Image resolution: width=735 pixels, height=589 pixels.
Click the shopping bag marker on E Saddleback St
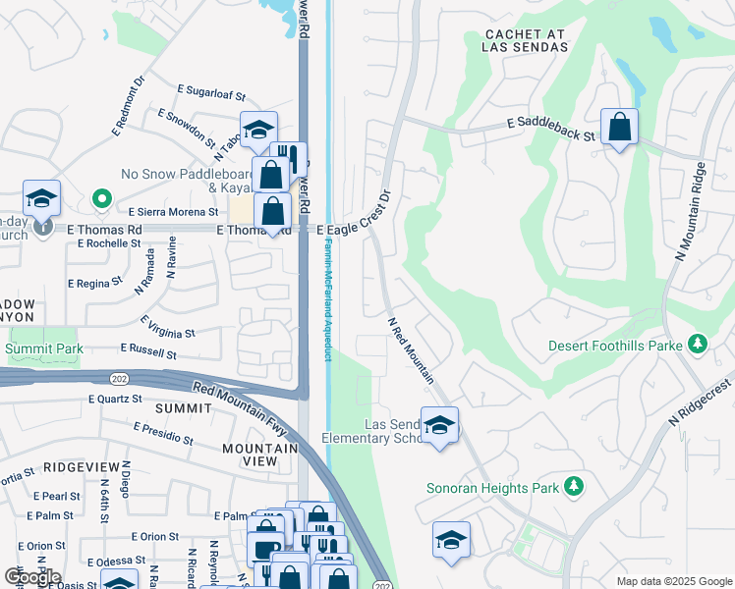tap(619, 128)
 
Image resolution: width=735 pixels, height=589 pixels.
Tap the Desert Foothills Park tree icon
tap(698, 344)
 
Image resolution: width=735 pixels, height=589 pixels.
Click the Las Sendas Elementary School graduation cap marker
tap(439, 425)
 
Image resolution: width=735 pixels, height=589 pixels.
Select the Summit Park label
tap(44, 348)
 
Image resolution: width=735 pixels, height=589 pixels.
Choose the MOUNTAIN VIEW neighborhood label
tap(259, 455)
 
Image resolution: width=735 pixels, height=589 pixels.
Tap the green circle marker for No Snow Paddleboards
tap(101, 199)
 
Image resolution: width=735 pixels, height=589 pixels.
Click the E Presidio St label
tap(163, 432)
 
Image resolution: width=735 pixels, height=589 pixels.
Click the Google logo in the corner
tap(32, 576)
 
